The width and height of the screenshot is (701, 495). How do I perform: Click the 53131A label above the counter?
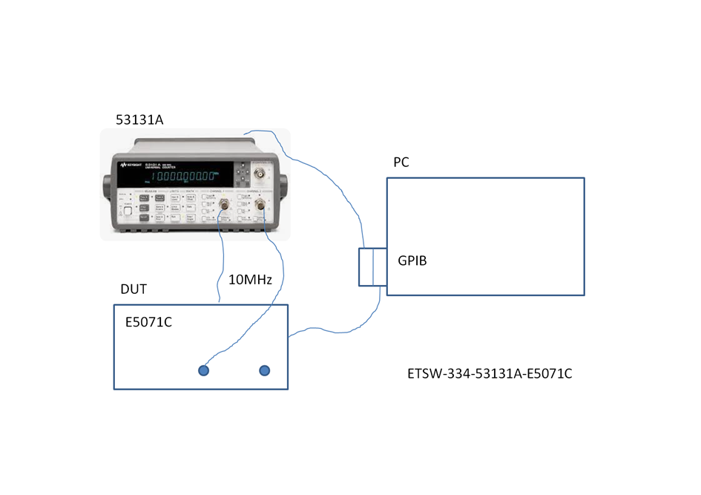pos(139,119)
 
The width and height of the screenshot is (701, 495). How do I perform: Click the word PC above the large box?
pos(401,163)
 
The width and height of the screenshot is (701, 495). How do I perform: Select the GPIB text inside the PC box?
pos(412,261)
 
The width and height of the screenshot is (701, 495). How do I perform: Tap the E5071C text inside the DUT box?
pos(148,323)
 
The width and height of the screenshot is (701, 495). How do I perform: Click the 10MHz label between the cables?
pos(250,280)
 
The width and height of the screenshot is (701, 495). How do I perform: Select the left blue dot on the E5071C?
pos(203,370)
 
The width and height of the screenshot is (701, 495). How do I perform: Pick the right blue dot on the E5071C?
pos(264,370)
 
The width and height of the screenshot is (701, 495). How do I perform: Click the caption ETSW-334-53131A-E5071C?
pos(490,373)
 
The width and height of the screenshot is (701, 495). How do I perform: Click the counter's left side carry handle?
pos(106,183)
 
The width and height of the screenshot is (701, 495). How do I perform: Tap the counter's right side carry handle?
pos(281,183)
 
